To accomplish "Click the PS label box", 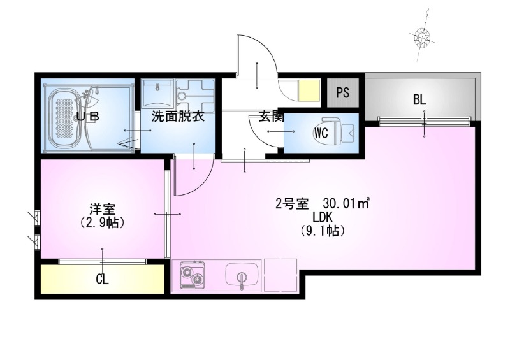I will pyautogui.click(x=343, y=92).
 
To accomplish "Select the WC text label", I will pyautogui.click(x=321, y=133).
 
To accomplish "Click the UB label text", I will pyautogui.click(x=87, y=117).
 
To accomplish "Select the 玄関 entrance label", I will pyautogui.click(x=270, y=117).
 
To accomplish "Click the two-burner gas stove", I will pyautogui.click(x=193, y=275).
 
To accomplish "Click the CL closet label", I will pyautogui.click(x=102, y=278).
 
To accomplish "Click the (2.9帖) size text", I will pyautogui.click(x=101, y=223).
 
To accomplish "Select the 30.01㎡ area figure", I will pyautogui.click(x=346, y=204).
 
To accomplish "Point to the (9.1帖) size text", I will pyautogui.click(x=323, y=231).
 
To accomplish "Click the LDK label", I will pyautogui.click(x=323, y=218).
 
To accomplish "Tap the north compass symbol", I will pyautogui.click(x=421, y=37).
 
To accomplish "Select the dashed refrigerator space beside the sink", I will pyautogui.click(x=280, y=275).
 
